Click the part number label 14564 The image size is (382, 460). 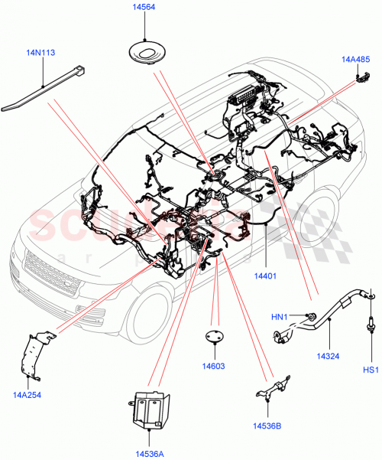point(144,10)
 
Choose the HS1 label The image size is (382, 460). point(371,371)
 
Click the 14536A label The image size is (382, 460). point(150,453)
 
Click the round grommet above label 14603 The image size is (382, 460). point(215,338)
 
